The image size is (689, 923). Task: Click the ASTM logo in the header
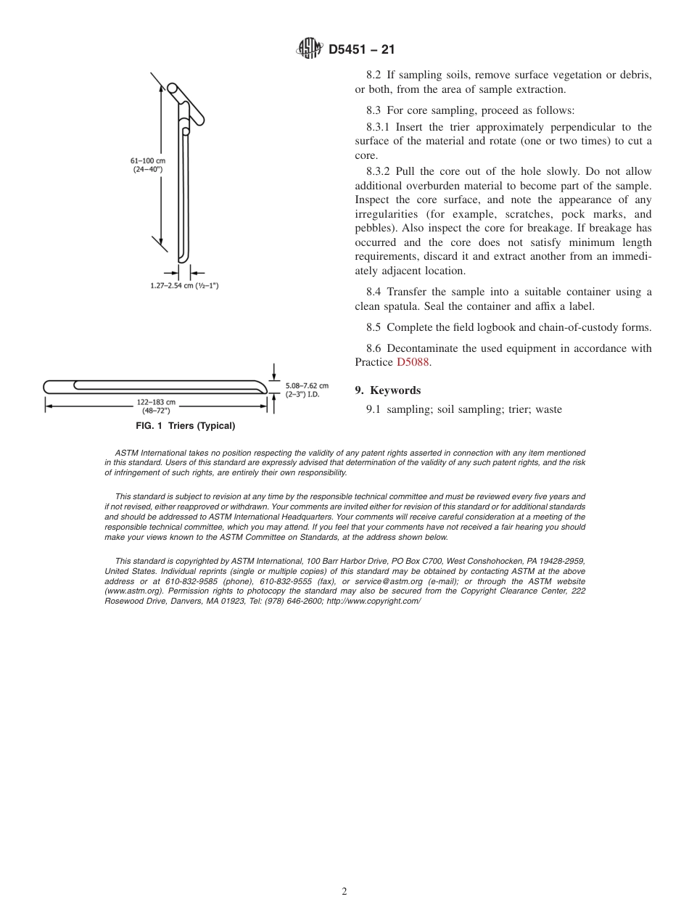click(310, 49)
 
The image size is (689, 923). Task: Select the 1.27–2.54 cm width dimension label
click(180, 285)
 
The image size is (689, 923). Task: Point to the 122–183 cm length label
click(156, 406)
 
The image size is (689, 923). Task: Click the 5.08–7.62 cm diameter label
click(307, 390)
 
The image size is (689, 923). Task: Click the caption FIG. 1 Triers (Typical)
click(186, 426)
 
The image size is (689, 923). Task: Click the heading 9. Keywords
click(387, 390)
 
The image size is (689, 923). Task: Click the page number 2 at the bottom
click(344, 892)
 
